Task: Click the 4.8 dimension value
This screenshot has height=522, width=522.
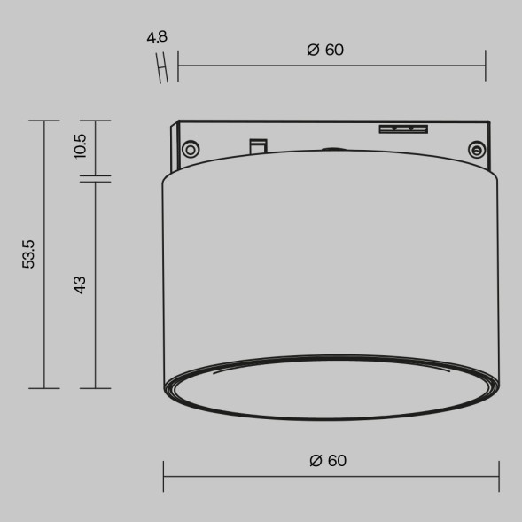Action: pyautogui.click(x=157, y=37)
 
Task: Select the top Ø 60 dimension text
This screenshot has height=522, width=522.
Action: pyautogui.click(x=325, y=50)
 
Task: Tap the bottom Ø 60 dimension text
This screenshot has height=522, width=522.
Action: pyautogui.click(x=328, y=461)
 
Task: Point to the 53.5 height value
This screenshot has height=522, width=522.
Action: pyautogui.click(x=29, y=253)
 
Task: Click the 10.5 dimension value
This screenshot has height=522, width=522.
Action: pyautogui.click(x=80, y=145)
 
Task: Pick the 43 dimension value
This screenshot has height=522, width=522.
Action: pyautogui.click(x=80, y=285)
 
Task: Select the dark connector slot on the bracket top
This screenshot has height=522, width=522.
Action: pyautogui.click(x=403, y=129)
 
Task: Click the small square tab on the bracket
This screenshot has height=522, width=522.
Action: pyautogui.click(x=258, y=144)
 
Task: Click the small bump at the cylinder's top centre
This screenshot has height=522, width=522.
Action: pyautogui.click(x=330, y=151)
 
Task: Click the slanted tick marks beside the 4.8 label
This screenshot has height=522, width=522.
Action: pyautogui.click(x=163, y=66)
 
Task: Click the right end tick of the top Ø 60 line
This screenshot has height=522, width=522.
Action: pyautogui.click(x=486, y=65)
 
